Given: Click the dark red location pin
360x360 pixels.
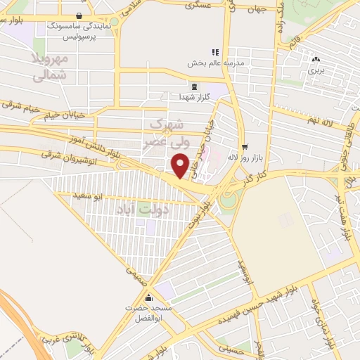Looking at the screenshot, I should tap(180, 165).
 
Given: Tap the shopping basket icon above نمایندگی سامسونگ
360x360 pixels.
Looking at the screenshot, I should tap(78, 15).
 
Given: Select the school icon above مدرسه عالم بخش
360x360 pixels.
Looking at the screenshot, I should tap(215, 52).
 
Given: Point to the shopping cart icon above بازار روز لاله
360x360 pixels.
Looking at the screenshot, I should tap(244, 146).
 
